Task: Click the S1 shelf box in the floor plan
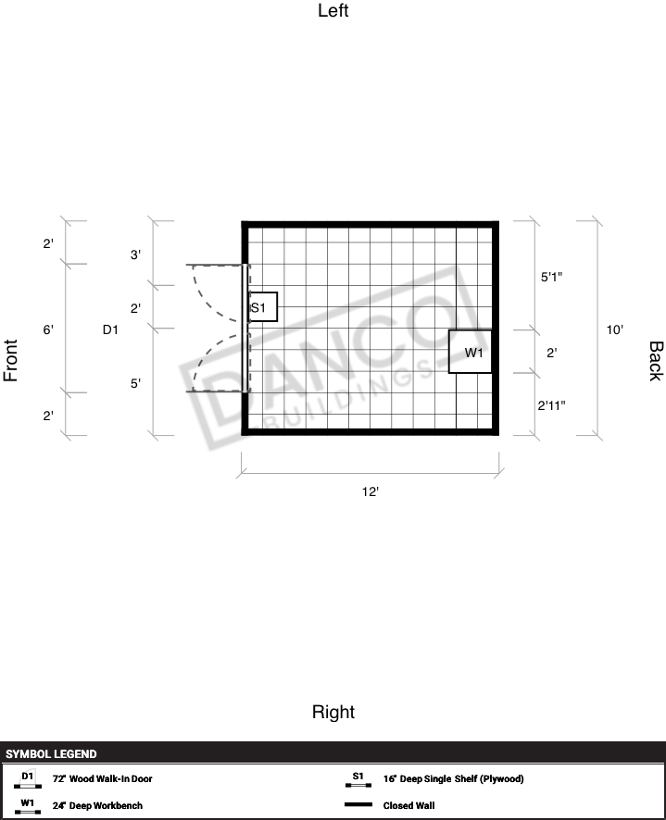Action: (263, 307)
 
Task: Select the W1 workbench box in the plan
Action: (471, 352)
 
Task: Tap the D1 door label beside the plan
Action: (110, 329)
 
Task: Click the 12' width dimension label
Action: (371, 491)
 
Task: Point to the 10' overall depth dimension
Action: (615, 329)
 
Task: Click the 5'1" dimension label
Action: (551, 277)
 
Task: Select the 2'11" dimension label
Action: (551, 405)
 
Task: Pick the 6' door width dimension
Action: (48, 329)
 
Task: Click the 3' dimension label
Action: (135, 255)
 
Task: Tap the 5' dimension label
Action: (135, 383)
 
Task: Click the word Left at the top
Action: (333, 10)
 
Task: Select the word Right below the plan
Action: (333, 712)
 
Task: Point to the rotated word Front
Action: (10, 360)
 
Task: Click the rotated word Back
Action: (656, 361)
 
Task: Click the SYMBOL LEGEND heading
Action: (51, 753)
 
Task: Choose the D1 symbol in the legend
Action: (28, 779)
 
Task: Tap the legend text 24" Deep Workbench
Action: (97, 805)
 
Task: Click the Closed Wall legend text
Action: (408, 805)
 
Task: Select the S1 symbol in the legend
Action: (358, 778)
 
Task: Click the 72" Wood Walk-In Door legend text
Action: (103, 778)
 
